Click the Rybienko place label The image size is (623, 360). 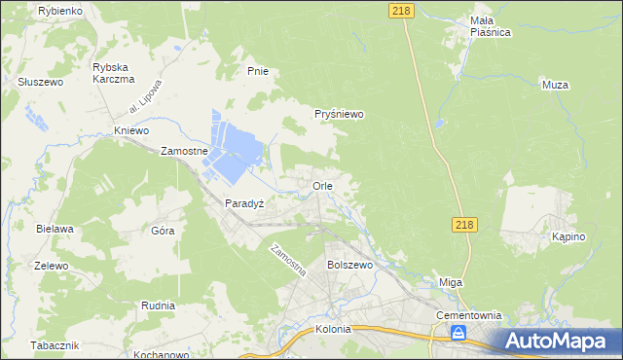pyautogui.click(x=60, y=10)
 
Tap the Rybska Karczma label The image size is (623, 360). pyautogui.click(x=112, y=73)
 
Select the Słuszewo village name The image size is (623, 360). pyautogui.click(x=40, y=83)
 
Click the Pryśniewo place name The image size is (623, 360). pyautogui.click(x=339, y=114)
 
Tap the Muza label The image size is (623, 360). pyautogui.click(x=554, y=86)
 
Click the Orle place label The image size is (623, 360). pyautogui.click(x=323, y=185)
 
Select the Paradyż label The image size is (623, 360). pyautogui.click(x=245, y=204)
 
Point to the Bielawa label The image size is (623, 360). pyautogui.click(x=55, y=229)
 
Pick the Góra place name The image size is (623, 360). pyautogui.click(x=163, y=231)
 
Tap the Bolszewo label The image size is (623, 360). pyautogui.click(x=350, y=265)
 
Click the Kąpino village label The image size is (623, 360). pyautogui.click(x=568, y=237)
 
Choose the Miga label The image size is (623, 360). pyautogui.click(x=451, y=282)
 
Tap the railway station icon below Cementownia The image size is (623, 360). pyautogui.click(x=458, y=334)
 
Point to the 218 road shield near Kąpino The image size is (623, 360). pyautogui.click(x=464, y=225)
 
